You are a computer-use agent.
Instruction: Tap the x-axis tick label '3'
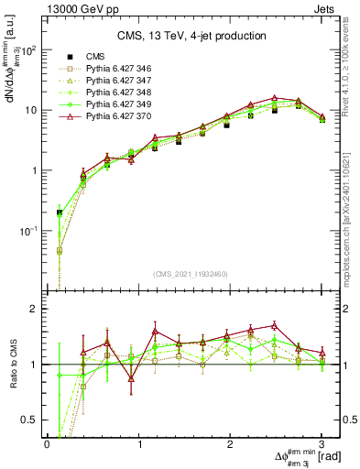point(322,444)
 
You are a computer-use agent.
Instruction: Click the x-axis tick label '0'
point(47,444)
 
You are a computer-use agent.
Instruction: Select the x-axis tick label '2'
point(230,444)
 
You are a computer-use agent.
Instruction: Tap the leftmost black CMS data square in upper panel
point(60,213)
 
